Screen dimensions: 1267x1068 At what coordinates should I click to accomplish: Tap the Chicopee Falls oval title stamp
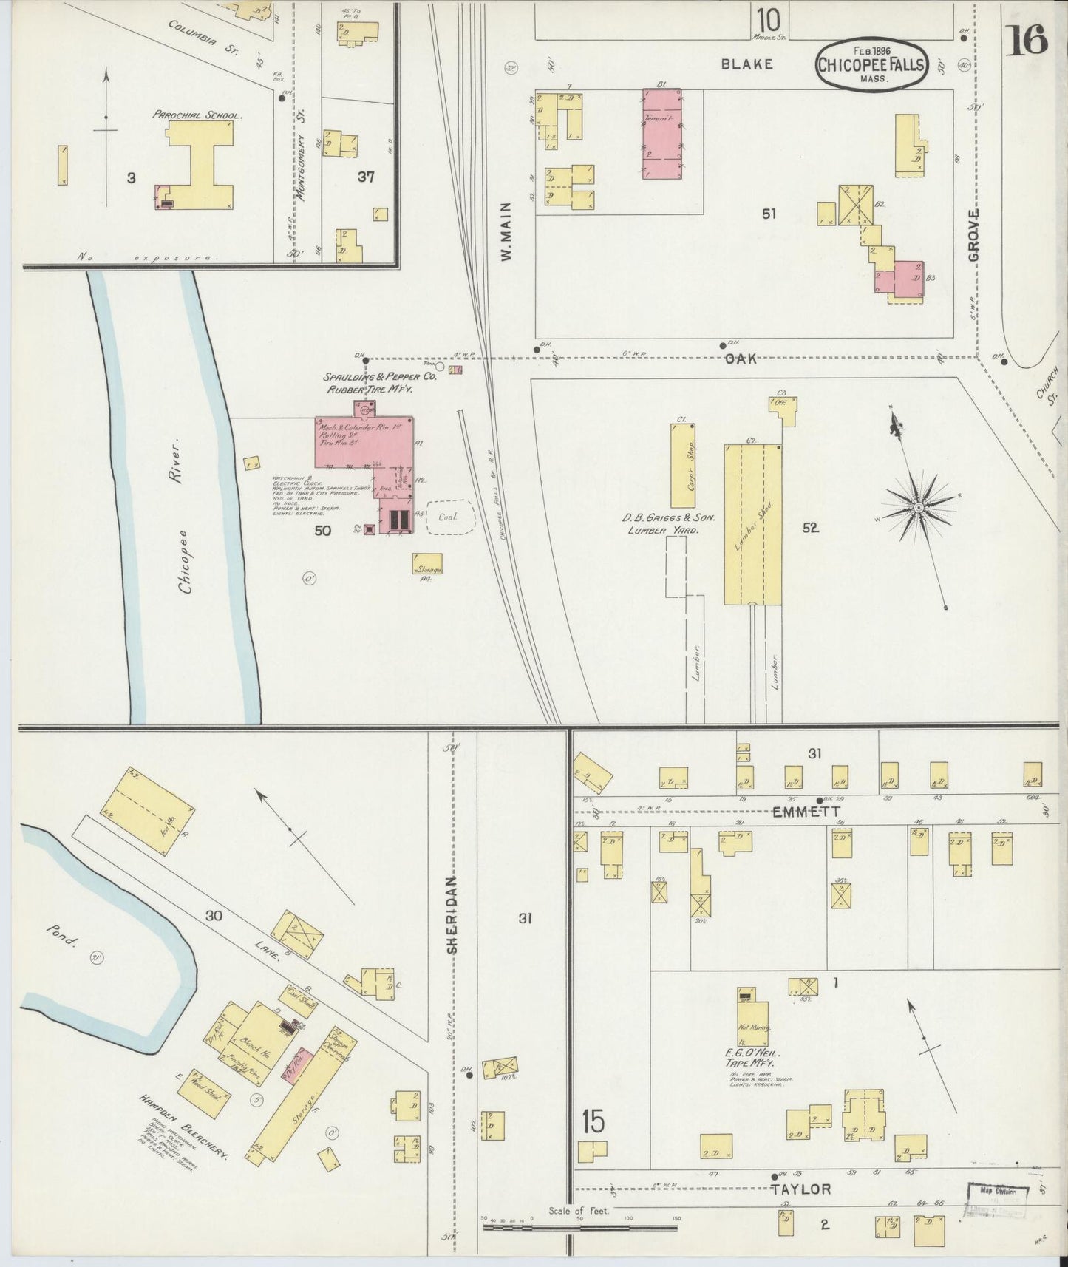871,64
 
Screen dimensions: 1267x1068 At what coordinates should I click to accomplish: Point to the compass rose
917,507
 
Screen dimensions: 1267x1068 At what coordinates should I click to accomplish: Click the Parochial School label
197,115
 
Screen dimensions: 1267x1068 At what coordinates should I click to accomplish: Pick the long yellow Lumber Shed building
752,524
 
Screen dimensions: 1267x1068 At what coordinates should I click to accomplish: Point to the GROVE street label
973,234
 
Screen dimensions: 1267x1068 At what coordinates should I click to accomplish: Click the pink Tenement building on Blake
661,133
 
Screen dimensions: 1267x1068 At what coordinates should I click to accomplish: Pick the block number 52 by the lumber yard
811,528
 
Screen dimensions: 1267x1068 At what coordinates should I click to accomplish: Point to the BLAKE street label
747,64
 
